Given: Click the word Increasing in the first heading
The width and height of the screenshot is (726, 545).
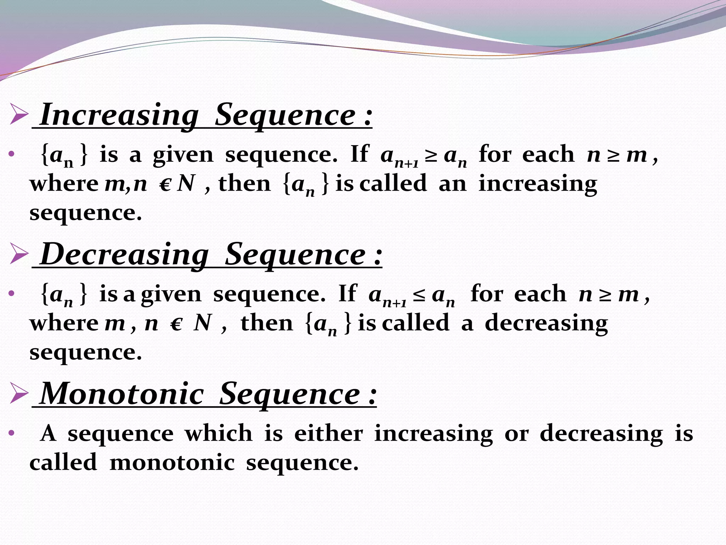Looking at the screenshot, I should (x=119, y=115).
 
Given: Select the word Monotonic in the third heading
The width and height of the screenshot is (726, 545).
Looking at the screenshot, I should (x=122, y=394).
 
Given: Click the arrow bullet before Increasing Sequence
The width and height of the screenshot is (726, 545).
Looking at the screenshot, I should (x=19, y=114).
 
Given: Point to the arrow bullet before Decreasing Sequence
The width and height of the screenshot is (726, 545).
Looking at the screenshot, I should (x=19, y=253).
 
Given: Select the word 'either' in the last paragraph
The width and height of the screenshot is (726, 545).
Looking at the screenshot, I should (x=329, y=433).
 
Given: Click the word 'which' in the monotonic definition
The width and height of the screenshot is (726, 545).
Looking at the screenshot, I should (x=219, y=433).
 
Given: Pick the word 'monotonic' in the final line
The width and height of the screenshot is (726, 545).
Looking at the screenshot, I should (x=172, y=463).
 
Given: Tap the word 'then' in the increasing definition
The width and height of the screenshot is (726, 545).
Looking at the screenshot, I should (x=245, y=184).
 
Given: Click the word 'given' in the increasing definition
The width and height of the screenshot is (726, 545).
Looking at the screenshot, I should (x=183, y=155).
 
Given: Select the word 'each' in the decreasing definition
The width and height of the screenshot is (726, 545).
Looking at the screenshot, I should (x=540, y=294).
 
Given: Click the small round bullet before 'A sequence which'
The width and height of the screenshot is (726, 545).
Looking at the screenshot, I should (x=11, y=433).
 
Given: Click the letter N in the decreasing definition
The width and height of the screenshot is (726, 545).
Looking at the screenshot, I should (x=203, y=323).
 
